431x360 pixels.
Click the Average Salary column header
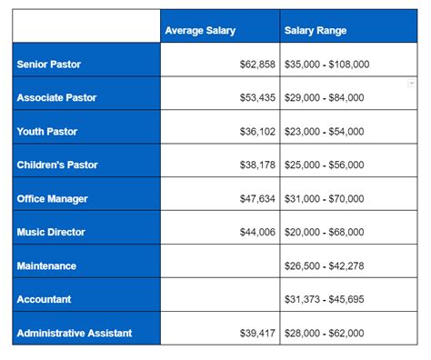tap(200, 31)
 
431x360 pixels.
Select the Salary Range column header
tap(316, 31)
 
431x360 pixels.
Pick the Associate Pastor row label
tap(56, 98)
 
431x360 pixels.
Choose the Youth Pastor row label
tap(47, 132)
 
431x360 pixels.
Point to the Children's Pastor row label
tap(57, 165)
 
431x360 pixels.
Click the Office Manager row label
tap(52, 199)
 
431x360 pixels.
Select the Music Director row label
tap(51, 233)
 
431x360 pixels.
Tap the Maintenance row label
tap(46, 266)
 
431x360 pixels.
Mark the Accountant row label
tap(44, 299)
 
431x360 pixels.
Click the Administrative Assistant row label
tap(74, 333)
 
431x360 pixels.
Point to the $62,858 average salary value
tap(254, 65)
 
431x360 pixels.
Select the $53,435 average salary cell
tap(254, 98)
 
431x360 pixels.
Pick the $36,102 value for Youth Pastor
tap(254, 132)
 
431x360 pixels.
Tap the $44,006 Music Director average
tap(254, 233)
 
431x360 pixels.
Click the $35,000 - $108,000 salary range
tap(327, 65)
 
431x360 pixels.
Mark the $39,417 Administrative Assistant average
tap(254, 333)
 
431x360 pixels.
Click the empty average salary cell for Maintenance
tap(219, 266)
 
